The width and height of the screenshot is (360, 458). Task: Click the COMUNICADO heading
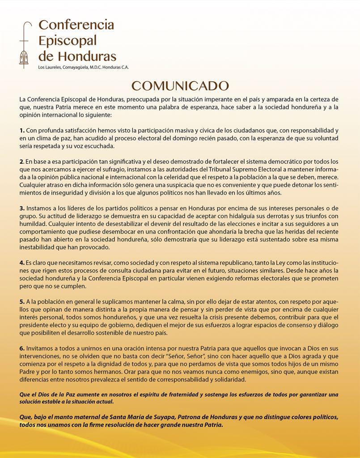180,86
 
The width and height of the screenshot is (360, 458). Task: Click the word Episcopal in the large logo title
68,41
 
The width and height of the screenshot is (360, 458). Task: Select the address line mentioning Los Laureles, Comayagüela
84,67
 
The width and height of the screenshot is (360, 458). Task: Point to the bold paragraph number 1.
21,131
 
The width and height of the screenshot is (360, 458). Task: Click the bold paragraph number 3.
21,208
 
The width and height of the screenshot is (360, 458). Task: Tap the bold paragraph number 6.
21,348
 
